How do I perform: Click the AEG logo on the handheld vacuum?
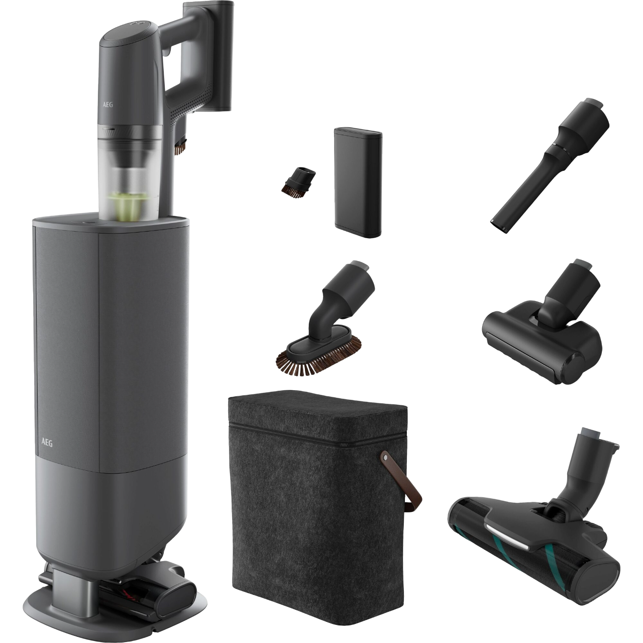108,104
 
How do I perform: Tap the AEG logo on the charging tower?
47,443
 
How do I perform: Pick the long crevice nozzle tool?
550,166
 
